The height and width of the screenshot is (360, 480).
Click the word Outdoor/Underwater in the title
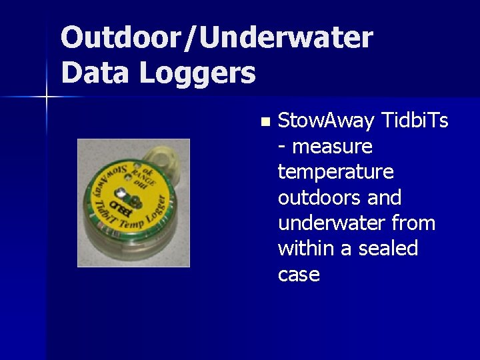217,38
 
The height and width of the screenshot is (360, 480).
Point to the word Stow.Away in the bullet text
326,121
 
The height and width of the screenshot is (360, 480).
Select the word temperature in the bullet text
336,172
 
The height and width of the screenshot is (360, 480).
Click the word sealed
388,248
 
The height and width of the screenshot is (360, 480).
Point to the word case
299,274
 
